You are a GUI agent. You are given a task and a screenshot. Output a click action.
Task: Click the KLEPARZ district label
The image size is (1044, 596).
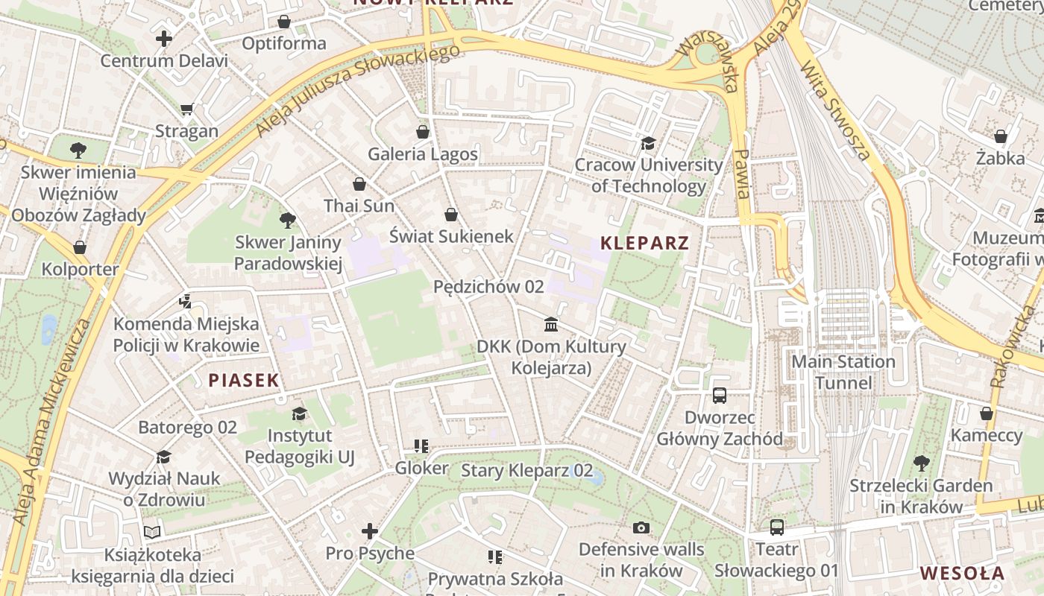644,243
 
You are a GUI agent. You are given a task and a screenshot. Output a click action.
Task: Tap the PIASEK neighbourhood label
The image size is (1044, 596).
243,381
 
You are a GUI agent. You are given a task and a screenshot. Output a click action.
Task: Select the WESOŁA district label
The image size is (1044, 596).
962,574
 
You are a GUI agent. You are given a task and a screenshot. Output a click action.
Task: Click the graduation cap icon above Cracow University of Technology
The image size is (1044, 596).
648,142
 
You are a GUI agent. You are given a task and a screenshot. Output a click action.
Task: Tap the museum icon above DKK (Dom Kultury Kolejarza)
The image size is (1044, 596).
551,324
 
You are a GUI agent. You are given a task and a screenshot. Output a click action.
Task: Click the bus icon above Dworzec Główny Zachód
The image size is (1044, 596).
719,396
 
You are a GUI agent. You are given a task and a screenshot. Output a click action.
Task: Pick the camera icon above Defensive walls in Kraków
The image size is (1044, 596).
641,527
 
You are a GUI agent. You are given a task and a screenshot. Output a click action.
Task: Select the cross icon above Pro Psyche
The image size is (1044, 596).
369,531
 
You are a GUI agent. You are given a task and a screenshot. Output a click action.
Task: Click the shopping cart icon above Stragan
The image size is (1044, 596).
186,110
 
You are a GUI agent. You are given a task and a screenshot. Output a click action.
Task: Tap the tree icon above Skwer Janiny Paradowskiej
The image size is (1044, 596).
287,220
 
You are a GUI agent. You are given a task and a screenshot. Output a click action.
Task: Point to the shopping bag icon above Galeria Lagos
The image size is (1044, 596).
423,132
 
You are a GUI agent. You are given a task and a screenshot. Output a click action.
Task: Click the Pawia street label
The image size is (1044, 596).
741,173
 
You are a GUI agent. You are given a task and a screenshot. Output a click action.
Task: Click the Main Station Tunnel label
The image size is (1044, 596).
843,372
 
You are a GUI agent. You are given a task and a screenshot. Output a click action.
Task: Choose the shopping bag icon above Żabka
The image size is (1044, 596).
1000,136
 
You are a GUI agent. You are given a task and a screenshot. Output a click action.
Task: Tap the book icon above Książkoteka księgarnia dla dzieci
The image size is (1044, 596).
152,532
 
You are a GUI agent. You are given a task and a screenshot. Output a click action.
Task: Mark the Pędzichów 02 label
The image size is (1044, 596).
488,287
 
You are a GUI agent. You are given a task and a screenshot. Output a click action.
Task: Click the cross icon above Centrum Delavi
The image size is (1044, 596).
164,39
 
